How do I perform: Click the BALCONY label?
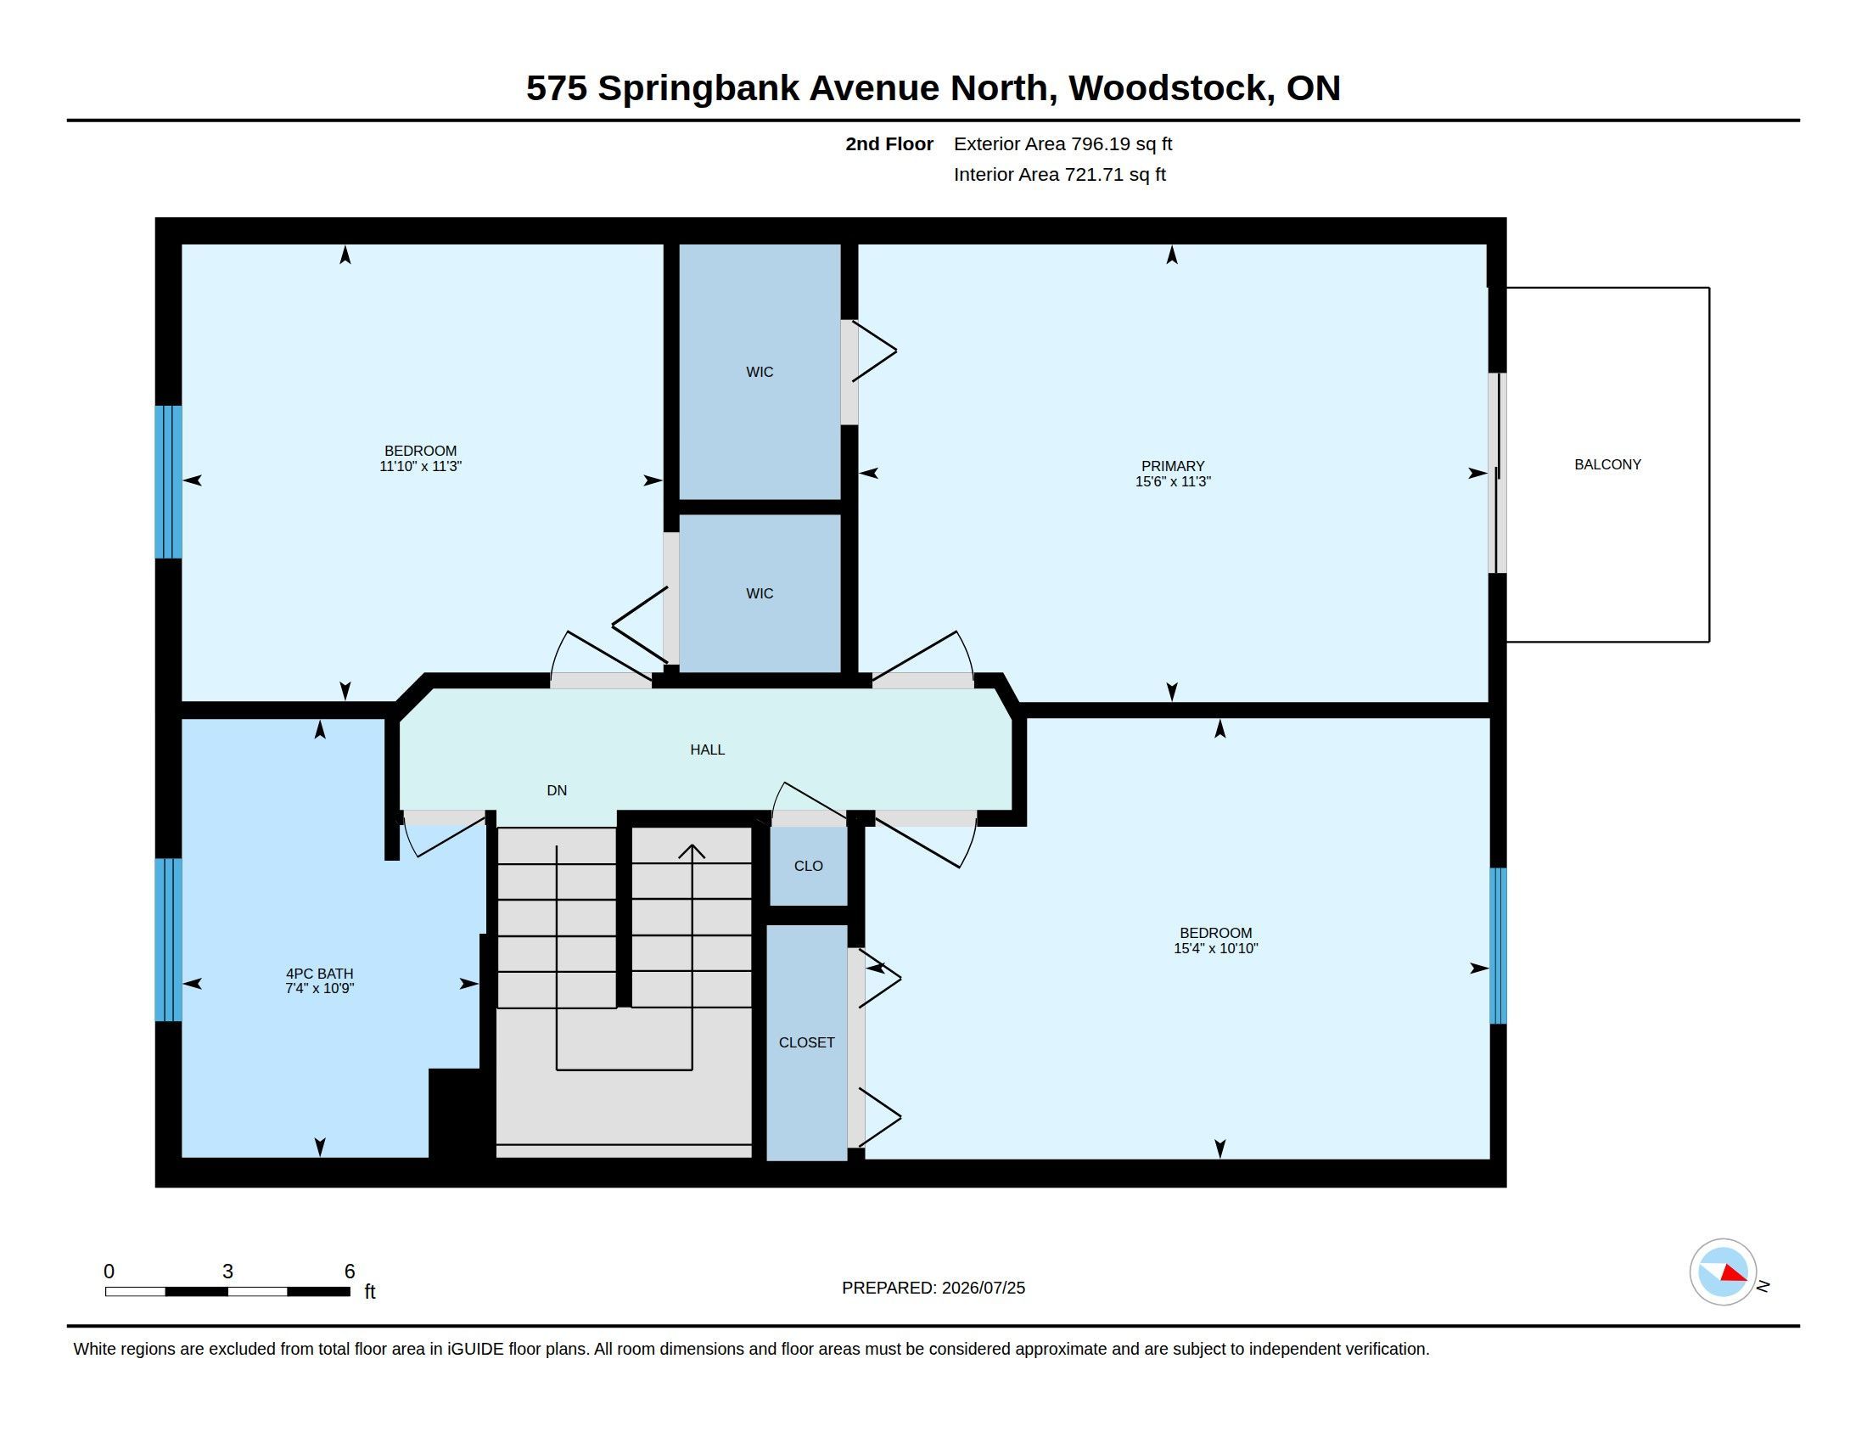pos(1607,464)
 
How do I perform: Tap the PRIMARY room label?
pos(1172,466)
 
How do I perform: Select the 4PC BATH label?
pos(319,973)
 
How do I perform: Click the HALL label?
pos(707,750)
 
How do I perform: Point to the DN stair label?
pos(557,791)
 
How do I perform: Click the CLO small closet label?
pos(808,866)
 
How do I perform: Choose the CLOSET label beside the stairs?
pos(806,1042)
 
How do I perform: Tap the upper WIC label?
pos(760,372)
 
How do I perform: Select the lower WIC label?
pos(760,593)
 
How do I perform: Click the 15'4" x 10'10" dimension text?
pos(1215,948)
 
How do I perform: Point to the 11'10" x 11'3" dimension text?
pos(421,467)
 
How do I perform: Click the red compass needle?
pos(1734,1273)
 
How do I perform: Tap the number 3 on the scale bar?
pos(227,1272)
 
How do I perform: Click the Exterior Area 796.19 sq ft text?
pos(1062,143)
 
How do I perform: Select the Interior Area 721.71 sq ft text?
pos(1059,174)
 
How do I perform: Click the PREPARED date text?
pos(933,1288)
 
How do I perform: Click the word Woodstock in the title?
pos(1166,88)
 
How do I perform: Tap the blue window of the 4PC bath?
pos(168,940)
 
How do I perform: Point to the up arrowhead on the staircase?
pos(692,851)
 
